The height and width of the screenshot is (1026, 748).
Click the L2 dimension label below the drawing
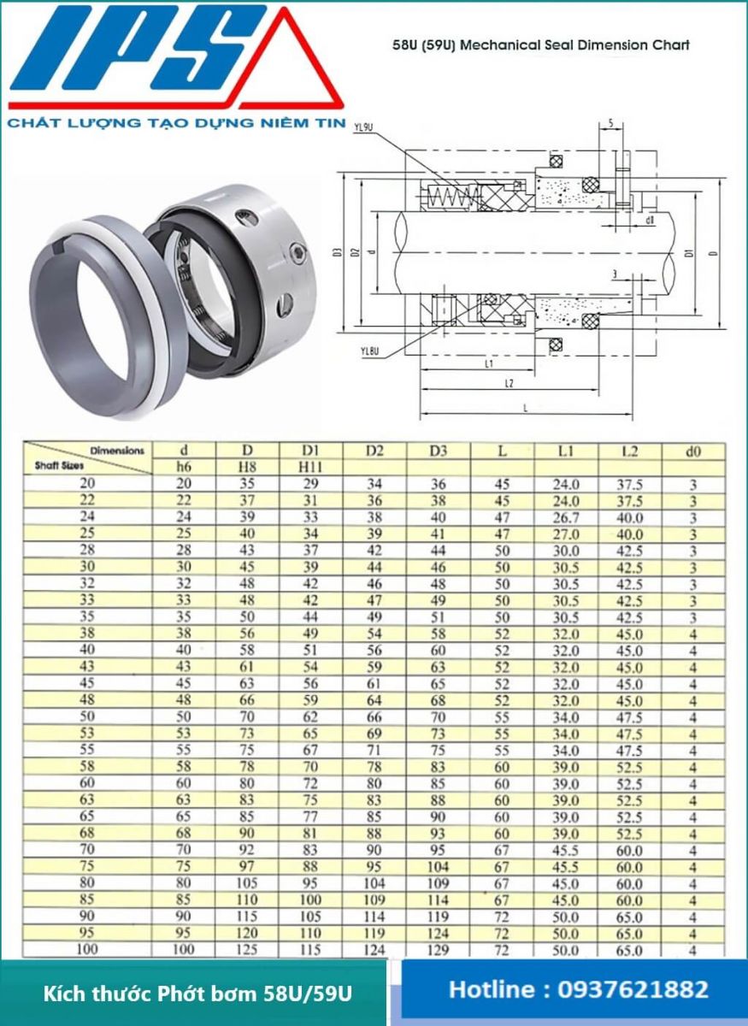click(x=509, y=384)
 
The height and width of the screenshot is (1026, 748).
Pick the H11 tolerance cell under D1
click(x=311, y=467)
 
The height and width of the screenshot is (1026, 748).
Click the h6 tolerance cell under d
click(x=184, y=467)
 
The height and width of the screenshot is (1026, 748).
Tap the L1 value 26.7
click(x=565, y=517)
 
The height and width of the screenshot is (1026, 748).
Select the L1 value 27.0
click(x=565, y=534)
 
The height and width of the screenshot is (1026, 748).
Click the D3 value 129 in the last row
click(x=439, y=949)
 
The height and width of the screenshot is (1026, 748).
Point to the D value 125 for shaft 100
click(x=248, y=949)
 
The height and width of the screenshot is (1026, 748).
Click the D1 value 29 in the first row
click(x=311, y=484)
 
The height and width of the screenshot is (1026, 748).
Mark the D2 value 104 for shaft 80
click(x=374, y=883)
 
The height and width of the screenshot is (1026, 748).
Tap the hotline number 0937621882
click(x=633, y=990)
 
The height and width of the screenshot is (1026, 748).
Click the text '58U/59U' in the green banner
click(x=317, y=994)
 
